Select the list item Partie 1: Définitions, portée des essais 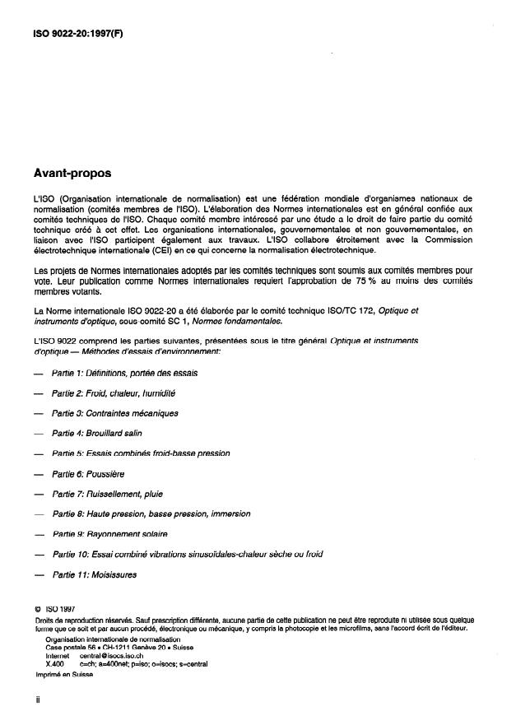(124, 373)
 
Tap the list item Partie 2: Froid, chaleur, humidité (114, 393)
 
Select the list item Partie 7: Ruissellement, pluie (107, 494)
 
